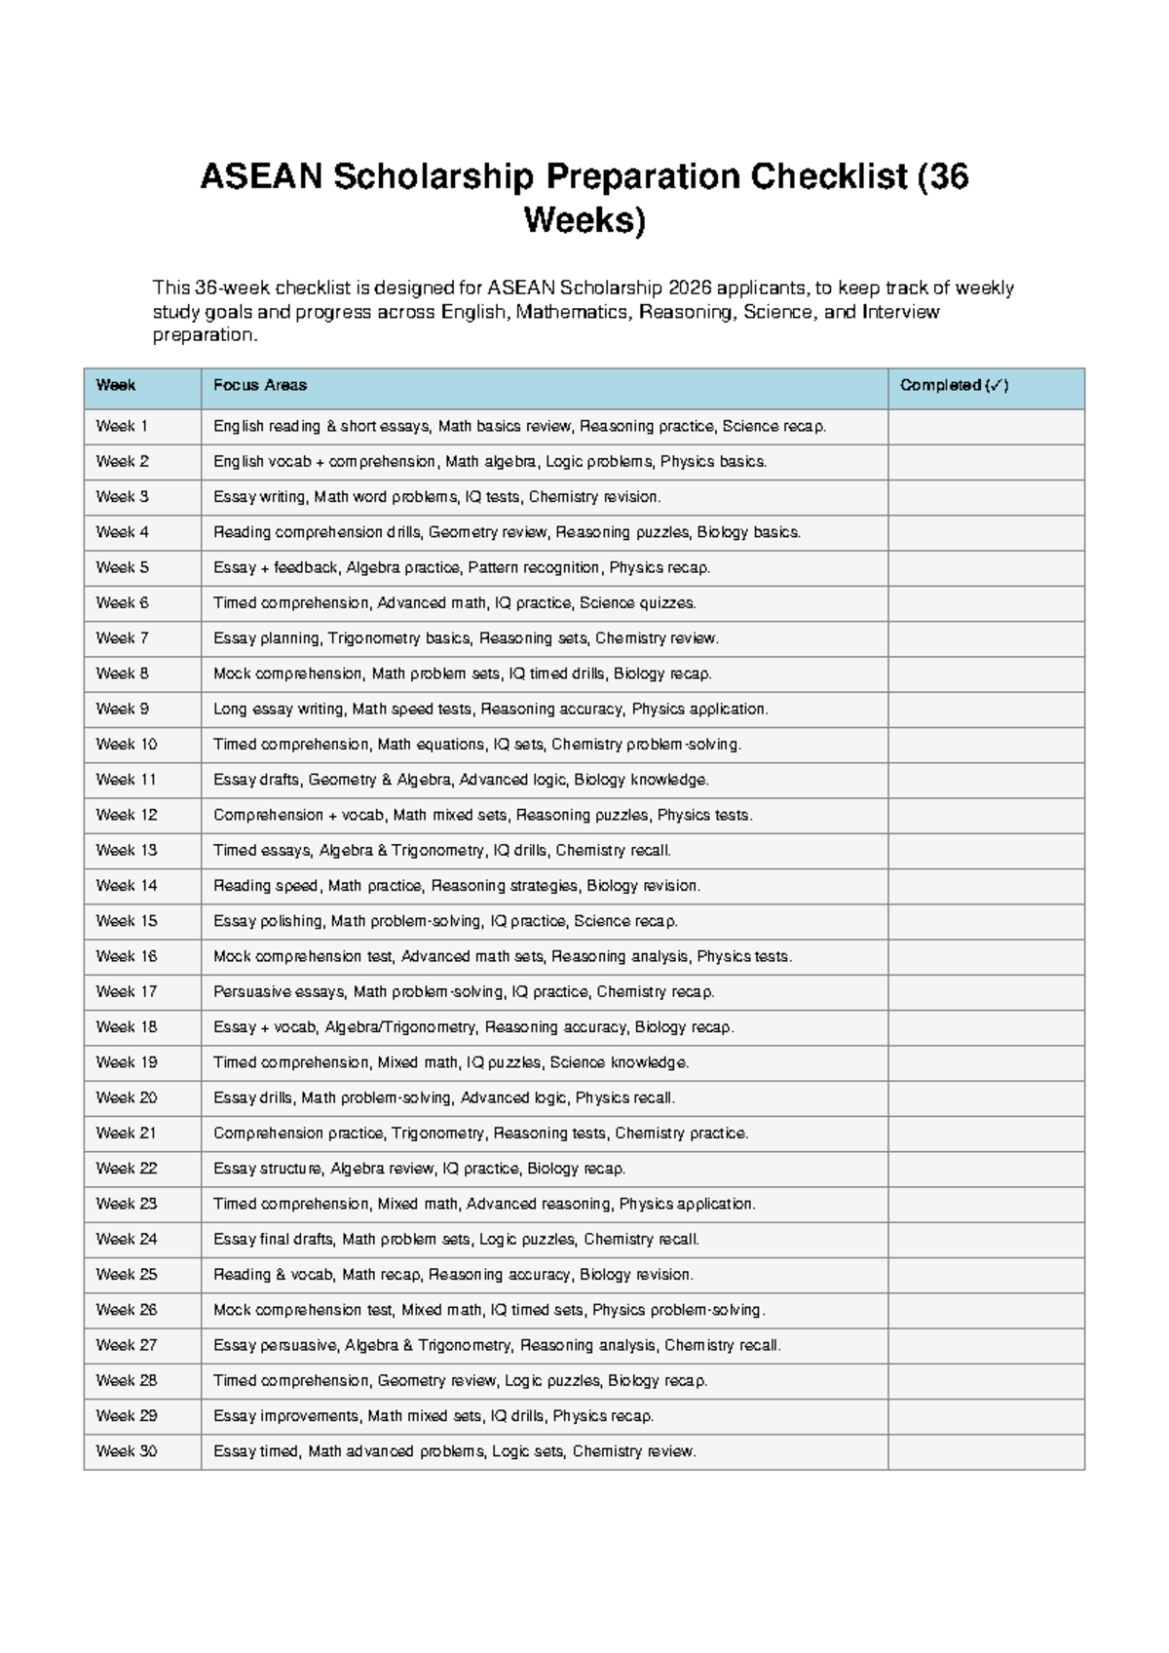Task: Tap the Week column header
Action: coord(115,386)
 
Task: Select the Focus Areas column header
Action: coord(260,386)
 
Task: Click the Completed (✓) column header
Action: coord(954,386)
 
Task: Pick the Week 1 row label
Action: coord(122,426)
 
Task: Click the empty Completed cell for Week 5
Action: coord(985,567)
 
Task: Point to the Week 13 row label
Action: coord(127,850)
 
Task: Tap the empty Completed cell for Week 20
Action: coord(985,1097)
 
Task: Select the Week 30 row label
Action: coord(127,1451)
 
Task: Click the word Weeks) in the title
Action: coord(584,221)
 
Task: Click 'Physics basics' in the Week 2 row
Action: coord(712,462)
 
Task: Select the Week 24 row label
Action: coord(127,1239)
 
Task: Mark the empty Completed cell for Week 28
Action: coord(985,1380)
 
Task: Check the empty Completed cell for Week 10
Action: coord(985,745)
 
